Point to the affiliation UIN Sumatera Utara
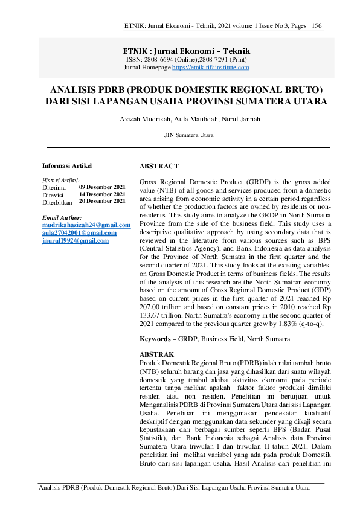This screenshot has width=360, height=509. (x=188, y=136)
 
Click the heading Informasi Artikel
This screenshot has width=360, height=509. (x=67, y=165)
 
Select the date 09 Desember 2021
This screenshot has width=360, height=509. (x=102, y=187)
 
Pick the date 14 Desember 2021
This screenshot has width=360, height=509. (x=102, y=194)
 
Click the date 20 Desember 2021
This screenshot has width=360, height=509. (x=102, y=201)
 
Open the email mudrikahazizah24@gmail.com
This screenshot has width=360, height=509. (x=86, y=225)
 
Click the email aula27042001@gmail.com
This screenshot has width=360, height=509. (x=79, y=232)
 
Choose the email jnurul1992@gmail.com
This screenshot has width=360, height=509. (x=76, y=240)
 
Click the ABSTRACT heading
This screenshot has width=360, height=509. (x=159, y=165)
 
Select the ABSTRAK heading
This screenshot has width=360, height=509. (x=156, y=354)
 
